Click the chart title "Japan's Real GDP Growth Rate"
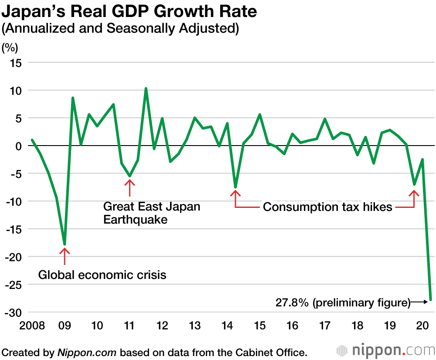click(x=129, y=12)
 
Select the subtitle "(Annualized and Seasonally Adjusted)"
click(x=121, y=30)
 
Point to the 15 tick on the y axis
click(x=16, y=63)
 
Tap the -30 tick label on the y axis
click(x=14, y=312)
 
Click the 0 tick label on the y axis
click(x=19, y=146)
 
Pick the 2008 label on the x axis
click(x=32, y=326)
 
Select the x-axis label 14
click(x=227, y=326)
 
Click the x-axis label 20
click(x=422, y=326)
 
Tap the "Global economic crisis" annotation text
click(x=102, y=275)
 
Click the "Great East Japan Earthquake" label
click(x=152, y=213)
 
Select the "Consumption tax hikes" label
click(x=327, y=207)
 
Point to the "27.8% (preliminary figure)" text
click(x=343, y=302)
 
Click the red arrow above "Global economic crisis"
click(x=65, y=256)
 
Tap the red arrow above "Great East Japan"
click(x=129, y=188)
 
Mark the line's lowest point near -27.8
click(x=431, y=300)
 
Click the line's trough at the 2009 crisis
click(x=65, y=245)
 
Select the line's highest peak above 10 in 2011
click(x=146, y=88)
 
